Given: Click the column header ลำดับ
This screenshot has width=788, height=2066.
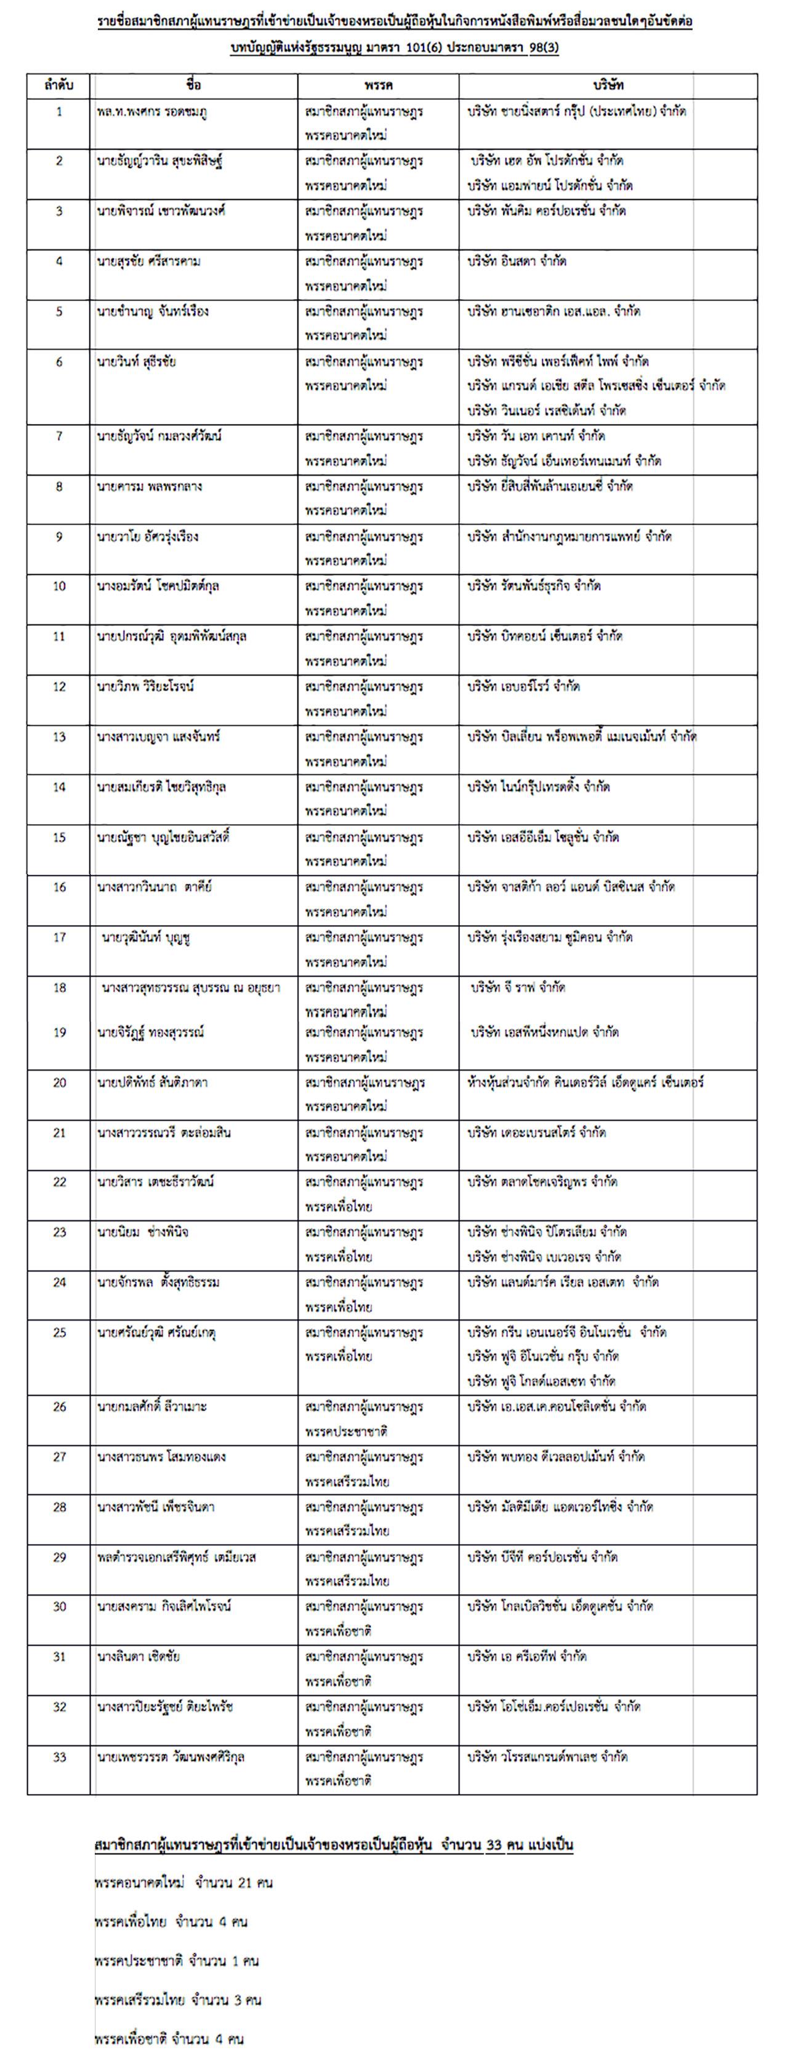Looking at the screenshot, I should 59,85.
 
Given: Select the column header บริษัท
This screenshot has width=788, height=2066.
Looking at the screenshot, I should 608,85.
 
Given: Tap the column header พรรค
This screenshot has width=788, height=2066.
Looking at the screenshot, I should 377,85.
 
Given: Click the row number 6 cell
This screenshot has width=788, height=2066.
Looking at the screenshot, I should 59,362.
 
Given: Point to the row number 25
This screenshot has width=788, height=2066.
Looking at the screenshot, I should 59,1332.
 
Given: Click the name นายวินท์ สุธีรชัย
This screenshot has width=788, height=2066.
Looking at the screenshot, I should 137,362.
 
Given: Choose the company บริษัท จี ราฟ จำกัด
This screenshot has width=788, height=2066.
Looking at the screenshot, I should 518,987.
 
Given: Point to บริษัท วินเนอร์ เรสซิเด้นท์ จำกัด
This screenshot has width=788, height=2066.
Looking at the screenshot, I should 547,410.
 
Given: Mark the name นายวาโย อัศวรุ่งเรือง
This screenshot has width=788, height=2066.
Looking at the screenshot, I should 148,537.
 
